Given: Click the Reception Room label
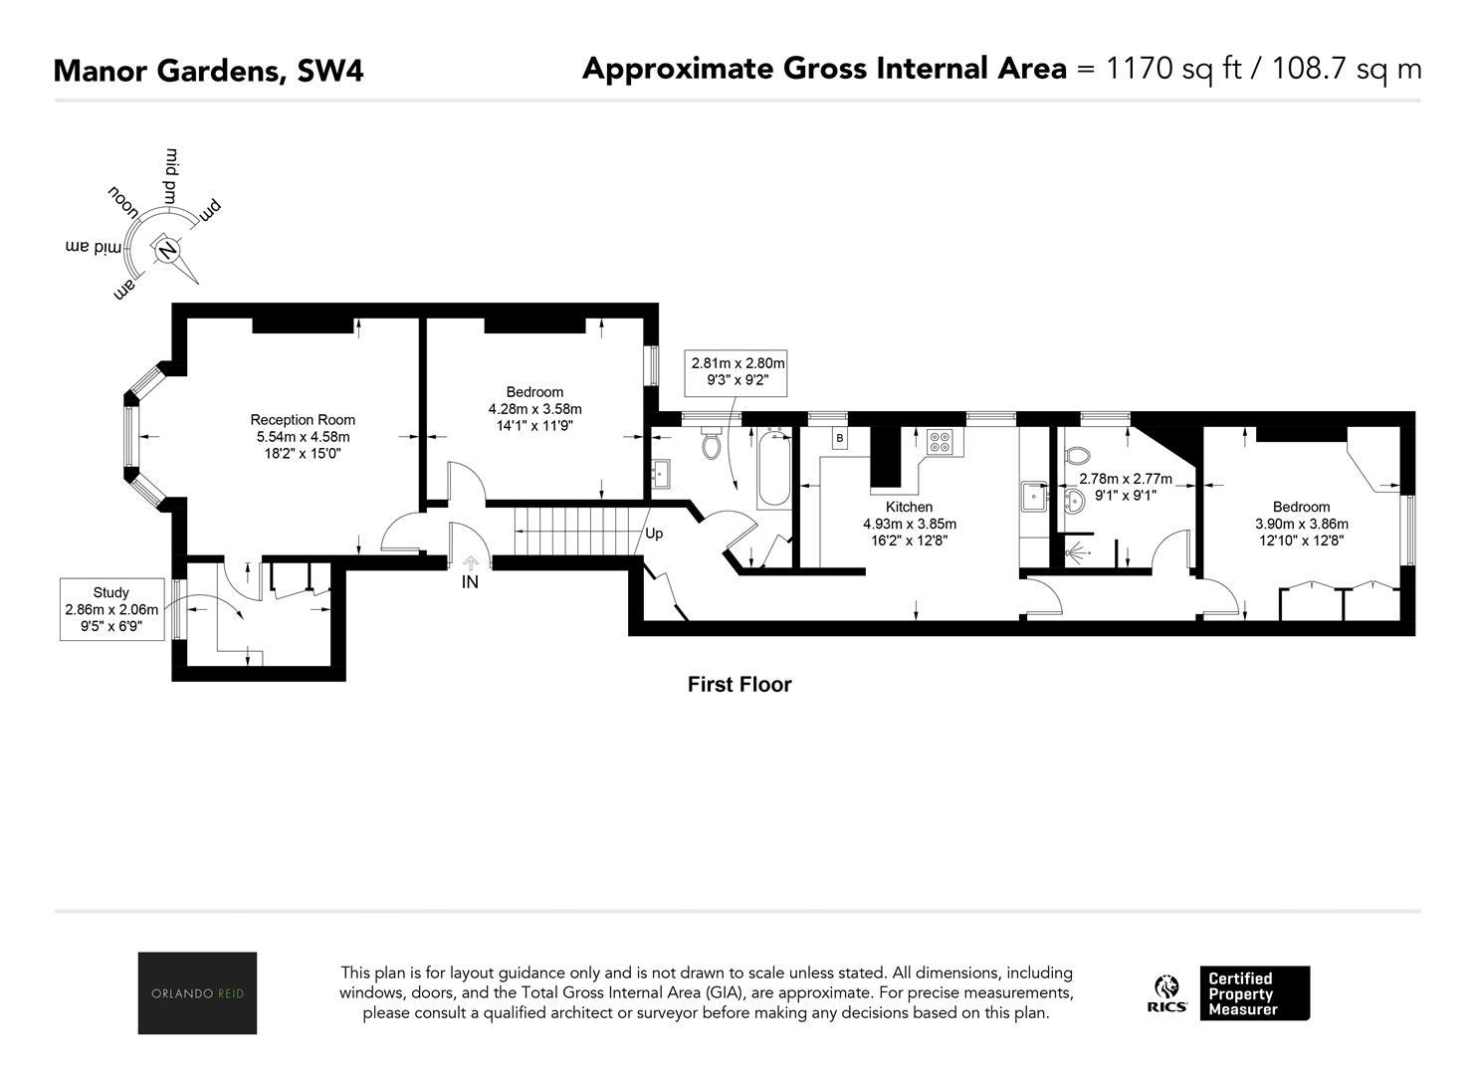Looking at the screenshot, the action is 303,420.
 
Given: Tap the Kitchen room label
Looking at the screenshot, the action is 909,507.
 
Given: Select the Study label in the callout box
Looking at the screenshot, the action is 110,592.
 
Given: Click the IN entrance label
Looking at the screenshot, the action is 470,581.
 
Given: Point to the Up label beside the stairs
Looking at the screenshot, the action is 654,534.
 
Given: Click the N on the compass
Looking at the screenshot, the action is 167,250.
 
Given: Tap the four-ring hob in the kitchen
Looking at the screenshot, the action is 940,441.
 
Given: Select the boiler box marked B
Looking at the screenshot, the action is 840,438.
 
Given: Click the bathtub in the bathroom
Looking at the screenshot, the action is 773,468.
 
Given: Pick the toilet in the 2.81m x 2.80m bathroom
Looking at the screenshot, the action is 712,443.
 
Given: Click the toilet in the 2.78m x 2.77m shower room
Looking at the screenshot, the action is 1077,455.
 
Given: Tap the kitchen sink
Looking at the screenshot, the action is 1034,496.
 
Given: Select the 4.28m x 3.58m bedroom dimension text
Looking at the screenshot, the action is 534,409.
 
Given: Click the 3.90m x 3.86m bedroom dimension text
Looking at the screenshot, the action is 1301,524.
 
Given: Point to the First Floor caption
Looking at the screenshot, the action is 738,685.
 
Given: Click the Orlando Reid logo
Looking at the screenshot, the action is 197,992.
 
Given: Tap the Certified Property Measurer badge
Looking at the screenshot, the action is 1254,993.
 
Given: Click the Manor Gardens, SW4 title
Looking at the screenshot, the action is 208,71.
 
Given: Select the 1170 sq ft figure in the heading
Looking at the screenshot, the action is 1173,69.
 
